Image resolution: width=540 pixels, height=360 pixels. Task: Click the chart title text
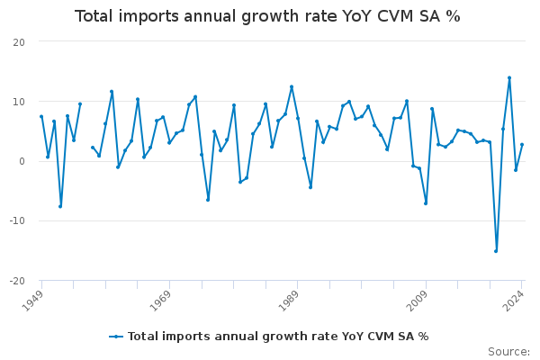pyautogui.click(x=267, y=16)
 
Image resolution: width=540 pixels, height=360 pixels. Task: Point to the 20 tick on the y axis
pyautogui.click(x=19, y=42)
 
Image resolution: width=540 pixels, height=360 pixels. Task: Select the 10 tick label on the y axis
pyautogui.click(x=19, y=102)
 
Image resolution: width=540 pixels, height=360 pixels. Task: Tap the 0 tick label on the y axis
pyautogui.click(x=22, y=161)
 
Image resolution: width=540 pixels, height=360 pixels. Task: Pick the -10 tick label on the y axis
pyautogui.click(x=16, y=220)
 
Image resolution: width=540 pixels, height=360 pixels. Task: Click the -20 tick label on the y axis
pyautogui.click(x=16, y=281)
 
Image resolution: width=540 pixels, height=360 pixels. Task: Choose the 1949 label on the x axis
pyautogui.click(x=33, y=299)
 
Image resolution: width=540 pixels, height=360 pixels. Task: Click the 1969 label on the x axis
pyautogui.click(x=161, y=299)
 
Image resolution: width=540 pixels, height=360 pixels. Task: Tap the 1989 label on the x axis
pyautogui.click(x=289, y=299)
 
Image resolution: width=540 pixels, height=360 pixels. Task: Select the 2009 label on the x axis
pyautogui.click(x=417, y=299)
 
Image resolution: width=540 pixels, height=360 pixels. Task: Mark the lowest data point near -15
pyautogui.click(x=496, y=250)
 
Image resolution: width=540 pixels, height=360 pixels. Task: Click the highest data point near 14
pyautogui.click(x=509, y=77)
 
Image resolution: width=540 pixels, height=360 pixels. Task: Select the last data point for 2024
pyautogui.click(x=522, y=145)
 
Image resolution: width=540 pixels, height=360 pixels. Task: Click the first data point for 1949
pyautogui.click(x=41, y=116)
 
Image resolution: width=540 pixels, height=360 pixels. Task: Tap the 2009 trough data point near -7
pyautogui.click(x=426, y=203)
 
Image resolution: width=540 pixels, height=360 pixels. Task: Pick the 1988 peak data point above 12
pyautogui.click(x=292, y=86)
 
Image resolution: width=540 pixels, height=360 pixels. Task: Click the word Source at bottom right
pyautogui.click(x=508, y=352)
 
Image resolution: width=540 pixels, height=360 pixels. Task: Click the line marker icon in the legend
pyautogui.click(x=116, y=337)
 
